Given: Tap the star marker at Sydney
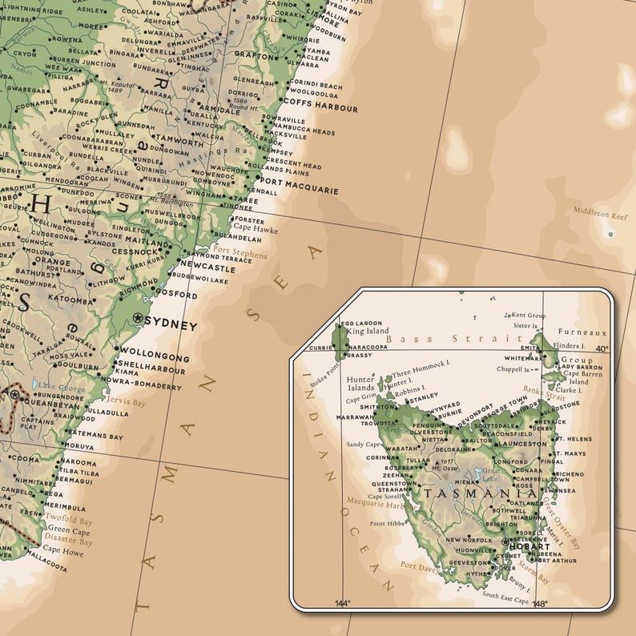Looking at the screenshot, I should (139, 319).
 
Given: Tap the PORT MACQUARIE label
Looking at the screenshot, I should (299, 191).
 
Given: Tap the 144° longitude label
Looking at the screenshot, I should (342, 603).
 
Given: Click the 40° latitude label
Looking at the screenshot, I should (602, 349).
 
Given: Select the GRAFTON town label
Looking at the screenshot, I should (256, 55).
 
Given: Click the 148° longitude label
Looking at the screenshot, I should (539, 604).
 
